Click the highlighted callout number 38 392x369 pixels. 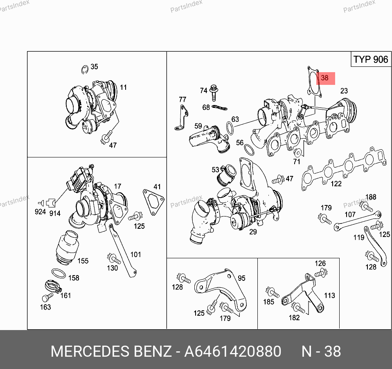[x=324, y=78]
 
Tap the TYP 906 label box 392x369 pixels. [x=371, y=59]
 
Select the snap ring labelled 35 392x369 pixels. [x=85, y=70]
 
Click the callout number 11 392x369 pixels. [x=124, y=87]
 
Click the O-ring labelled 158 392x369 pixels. [x=59, y=273]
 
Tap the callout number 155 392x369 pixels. [x=83, y=261]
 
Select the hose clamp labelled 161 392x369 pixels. [x=53, y=287]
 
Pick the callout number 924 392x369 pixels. [x=40, y=212]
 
